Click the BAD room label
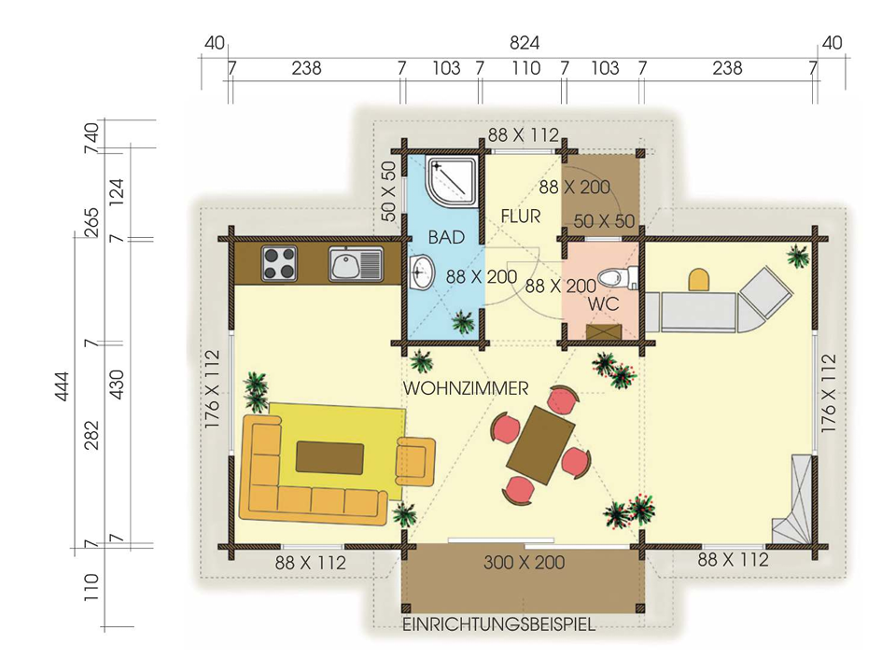pos(446,237)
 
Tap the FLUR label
pos(521,216)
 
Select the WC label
pos(604,303)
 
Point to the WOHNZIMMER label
pos(466,388)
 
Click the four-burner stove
pos(279,263)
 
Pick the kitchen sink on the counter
pos(356,264)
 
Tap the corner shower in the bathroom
pos(453,182)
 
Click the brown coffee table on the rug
pos(329,457)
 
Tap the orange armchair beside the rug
pos(415,460)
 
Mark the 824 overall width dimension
pos(524,43)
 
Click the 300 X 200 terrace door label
pos(524,562)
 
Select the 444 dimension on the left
pos(62,386)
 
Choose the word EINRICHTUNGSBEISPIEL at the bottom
pos(498,624)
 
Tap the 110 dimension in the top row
pos(525,68)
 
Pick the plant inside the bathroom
pos(463,323)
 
